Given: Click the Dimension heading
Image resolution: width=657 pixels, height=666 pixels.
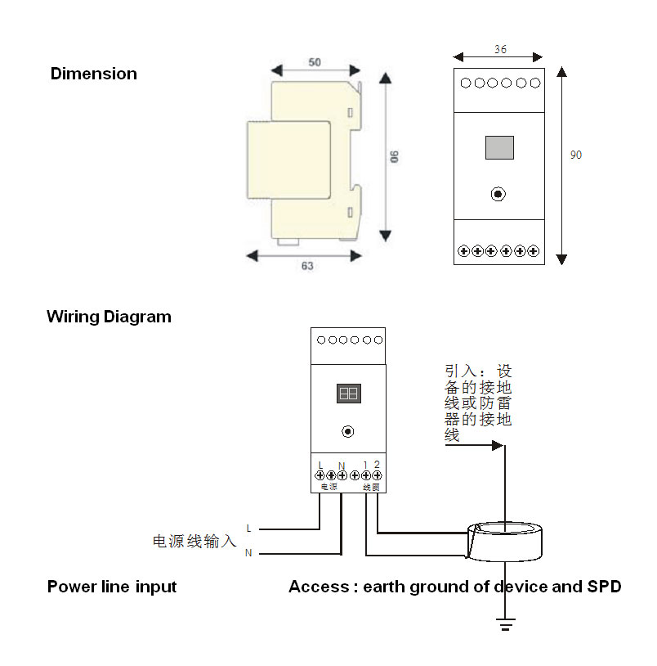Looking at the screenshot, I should [93, 74].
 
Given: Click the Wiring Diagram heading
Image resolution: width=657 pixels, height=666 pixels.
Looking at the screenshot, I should [109, 317].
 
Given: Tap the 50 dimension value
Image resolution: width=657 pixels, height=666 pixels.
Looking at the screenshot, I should [315, 62].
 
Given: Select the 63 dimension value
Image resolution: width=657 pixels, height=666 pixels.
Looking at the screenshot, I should [307, 266].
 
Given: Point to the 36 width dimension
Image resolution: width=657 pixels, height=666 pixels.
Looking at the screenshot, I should [500, 49].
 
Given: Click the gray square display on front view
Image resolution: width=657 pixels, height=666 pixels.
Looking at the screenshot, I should [498, 147].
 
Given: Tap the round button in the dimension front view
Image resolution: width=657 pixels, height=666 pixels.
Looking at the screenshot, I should [498, 195].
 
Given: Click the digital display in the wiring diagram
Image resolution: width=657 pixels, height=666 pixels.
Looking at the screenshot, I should [348, 394].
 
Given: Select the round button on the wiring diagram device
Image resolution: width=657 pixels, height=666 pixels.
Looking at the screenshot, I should [349, 431].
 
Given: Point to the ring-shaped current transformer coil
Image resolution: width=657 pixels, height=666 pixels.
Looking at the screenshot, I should [507, 543].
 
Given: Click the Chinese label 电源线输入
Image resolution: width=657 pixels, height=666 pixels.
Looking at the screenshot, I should [194, 542].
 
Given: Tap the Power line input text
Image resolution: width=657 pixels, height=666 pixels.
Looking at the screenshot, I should [112, 587].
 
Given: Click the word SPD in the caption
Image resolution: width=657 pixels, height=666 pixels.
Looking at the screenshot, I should [604, 587].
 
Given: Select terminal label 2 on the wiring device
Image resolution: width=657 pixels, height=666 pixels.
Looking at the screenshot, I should [377, 465].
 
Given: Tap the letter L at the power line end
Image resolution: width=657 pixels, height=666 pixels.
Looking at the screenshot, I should [248, 529].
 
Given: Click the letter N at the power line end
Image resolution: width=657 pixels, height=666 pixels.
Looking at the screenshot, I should [248, 553].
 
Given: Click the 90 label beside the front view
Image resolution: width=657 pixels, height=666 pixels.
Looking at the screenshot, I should [576, 155].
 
